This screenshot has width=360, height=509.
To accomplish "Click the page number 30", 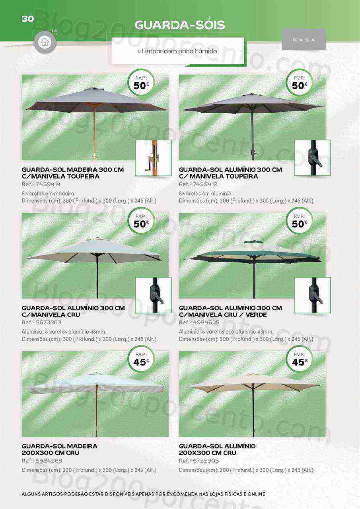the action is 28,19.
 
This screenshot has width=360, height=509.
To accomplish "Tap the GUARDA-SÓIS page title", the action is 179,25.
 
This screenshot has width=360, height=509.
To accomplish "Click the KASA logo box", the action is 304,40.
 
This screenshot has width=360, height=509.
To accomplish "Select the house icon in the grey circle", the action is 45,42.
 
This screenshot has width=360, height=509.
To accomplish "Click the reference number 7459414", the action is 48,184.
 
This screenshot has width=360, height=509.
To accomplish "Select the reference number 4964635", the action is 206,322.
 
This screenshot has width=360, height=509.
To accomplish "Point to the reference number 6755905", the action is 206,461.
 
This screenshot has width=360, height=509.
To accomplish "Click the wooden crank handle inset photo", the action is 154,158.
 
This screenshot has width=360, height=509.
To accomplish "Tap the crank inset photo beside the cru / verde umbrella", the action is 313,295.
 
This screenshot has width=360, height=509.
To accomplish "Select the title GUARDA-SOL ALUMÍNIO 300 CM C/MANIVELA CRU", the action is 73,311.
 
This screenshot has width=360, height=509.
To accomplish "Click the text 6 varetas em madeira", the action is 49,194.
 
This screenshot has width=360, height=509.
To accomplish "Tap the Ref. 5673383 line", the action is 41,322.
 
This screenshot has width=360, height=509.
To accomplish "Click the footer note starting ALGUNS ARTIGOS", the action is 144,494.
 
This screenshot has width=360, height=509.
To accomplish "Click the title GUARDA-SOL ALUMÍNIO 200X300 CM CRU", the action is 217,449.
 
